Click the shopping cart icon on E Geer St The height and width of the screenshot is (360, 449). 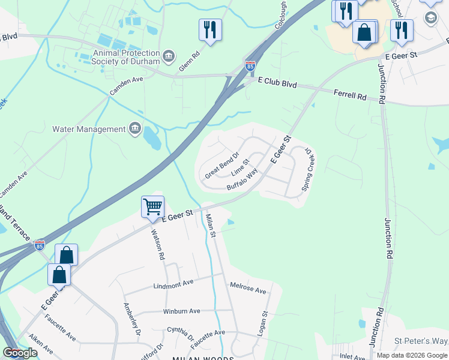click(152, 207)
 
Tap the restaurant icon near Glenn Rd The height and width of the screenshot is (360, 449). click(210, 29)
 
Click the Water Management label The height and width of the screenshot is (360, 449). click(89, 128)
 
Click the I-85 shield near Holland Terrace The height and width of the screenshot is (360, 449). click(40, 245)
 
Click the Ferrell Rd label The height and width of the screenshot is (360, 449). click(350, 95)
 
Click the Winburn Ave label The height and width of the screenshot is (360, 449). click(181, 311)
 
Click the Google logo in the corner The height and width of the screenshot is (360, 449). click(19, 353)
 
